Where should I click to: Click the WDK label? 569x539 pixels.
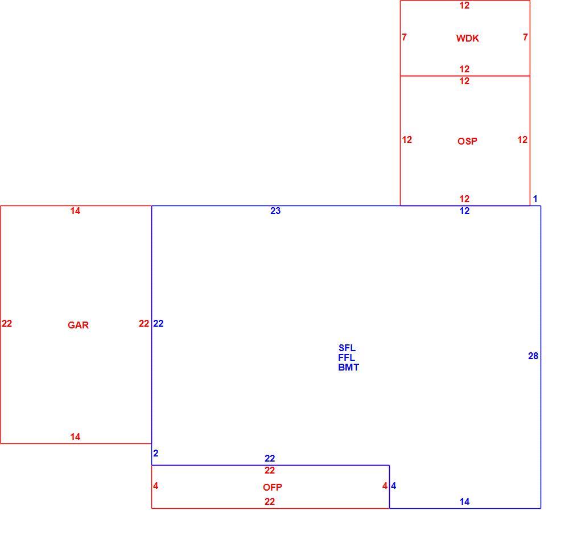467,38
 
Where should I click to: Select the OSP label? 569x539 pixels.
467,141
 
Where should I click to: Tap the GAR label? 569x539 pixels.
78,325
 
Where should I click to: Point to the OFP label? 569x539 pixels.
273,487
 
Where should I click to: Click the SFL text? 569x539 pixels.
347,348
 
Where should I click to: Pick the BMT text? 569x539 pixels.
349,367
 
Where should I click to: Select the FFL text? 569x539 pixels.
347,357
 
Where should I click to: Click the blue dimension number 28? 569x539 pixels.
533,356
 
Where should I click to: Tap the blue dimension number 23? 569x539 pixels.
275,211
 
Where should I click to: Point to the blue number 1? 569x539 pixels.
535,199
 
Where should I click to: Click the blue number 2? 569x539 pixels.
156,454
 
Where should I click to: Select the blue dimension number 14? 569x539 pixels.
464,501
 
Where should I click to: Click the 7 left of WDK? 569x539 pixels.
404,37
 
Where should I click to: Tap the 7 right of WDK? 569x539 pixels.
525,37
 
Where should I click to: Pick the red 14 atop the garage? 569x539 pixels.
75,211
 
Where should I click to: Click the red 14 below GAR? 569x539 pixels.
75,437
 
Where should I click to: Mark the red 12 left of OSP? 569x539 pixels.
407,140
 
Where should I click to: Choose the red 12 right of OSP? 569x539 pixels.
522,140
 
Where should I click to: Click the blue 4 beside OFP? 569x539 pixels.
394,485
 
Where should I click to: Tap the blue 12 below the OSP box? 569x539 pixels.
464,211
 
